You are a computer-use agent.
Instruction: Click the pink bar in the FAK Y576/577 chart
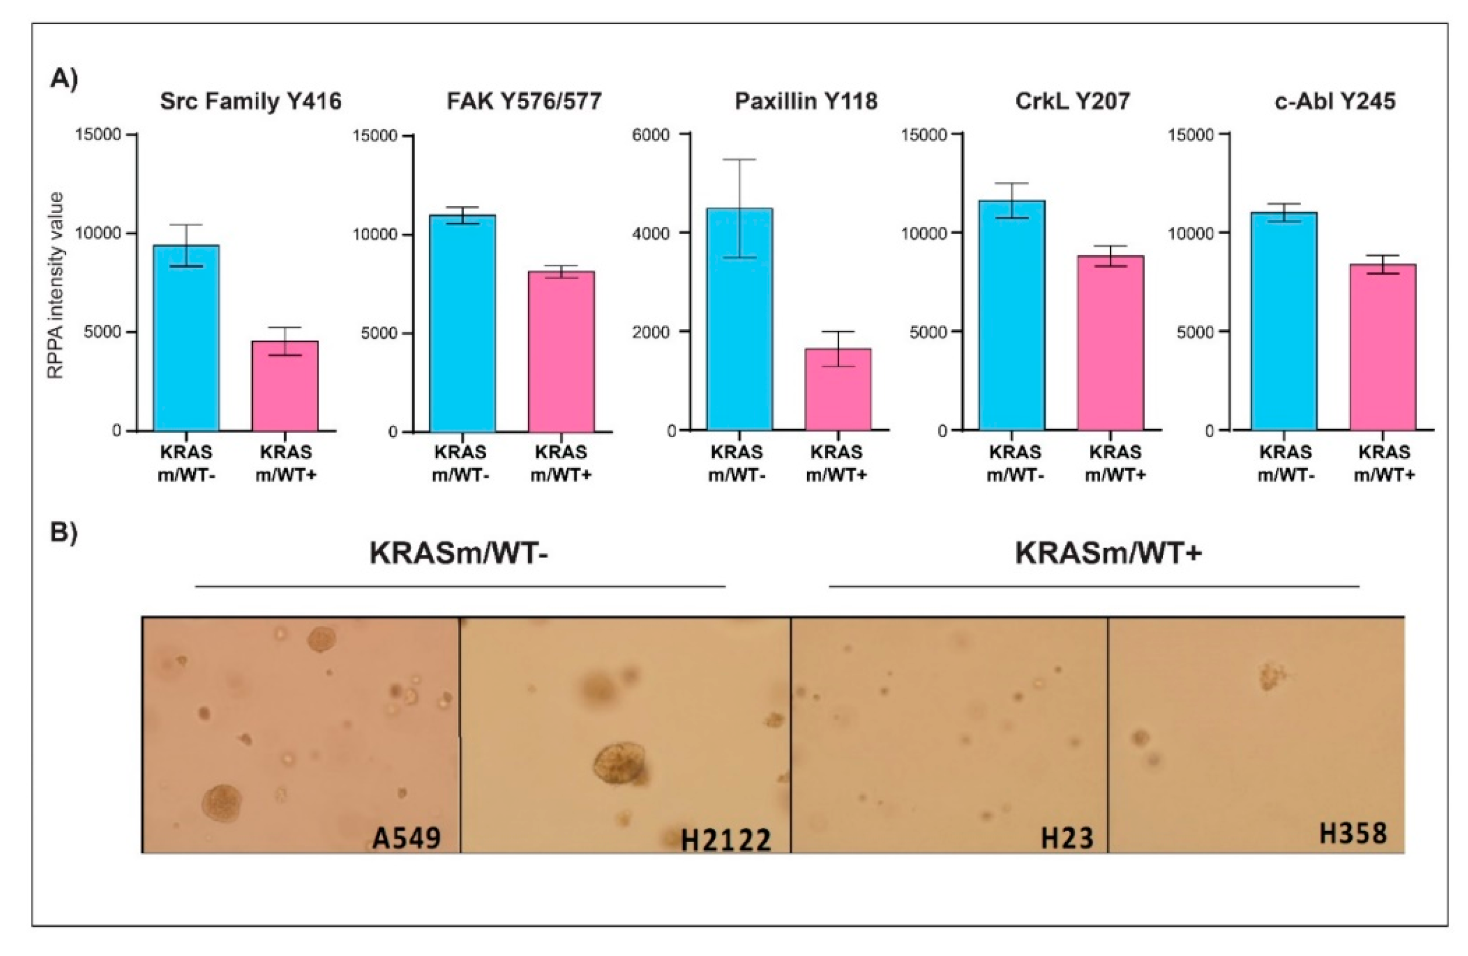(x=561, y=351)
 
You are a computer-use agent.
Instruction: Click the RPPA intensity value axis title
(x=56, y=285)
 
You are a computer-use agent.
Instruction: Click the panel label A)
(x=64, y=79)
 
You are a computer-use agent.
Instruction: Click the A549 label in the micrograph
(x=406, y=838)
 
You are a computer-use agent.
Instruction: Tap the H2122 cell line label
(x=726, y=840)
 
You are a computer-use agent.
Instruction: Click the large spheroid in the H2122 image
(x=619, y=765)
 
